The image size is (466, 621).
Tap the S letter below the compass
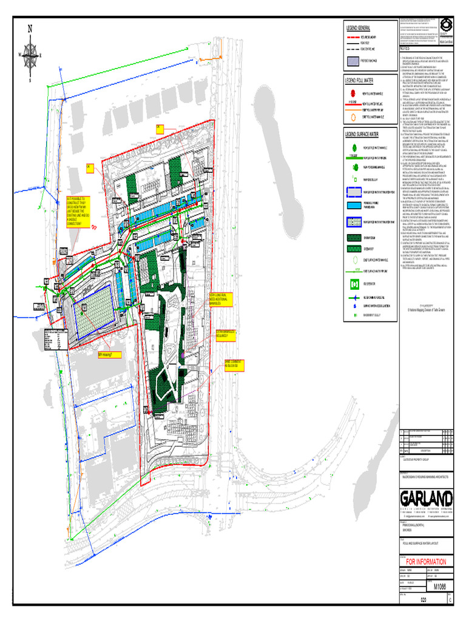pyautogui.click(x=29, y=79)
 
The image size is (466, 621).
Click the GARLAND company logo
pyautogui.click(x=425, y=498)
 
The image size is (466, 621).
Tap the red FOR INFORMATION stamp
pyautogui.click(x=425, y=561)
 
